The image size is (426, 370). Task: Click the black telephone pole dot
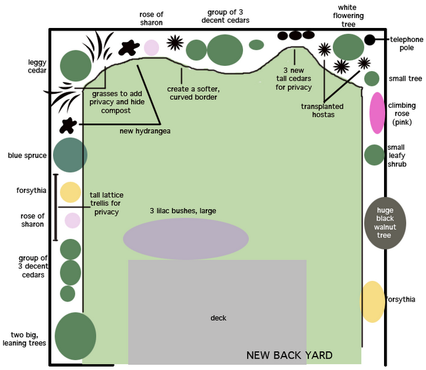pos(369,40)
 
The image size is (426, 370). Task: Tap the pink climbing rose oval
pos(377,112)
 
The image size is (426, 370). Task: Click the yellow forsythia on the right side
pos(372,301)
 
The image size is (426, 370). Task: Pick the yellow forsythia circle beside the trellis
pos(71,192)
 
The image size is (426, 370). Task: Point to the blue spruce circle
pos(69,155)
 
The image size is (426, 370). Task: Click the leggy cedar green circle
pos(75,65)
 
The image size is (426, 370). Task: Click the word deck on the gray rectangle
pos(218,318)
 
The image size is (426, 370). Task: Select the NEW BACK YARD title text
pos(289,355)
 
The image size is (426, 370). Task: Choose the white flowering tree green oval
pos(348,47)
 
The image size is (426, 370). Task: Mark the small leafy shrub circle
pos(375,154)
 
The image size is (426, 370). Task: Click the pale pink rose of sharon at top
pos(152,48)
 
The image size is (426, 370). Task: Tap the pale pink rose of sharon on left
pos(72,220)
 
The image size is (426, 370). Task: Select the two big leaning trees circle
pos(75,336)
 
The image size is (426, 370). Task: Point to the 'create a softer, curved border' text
pos(192,92)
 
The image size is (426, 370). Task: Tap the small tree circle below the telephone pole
pos(371,79)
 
